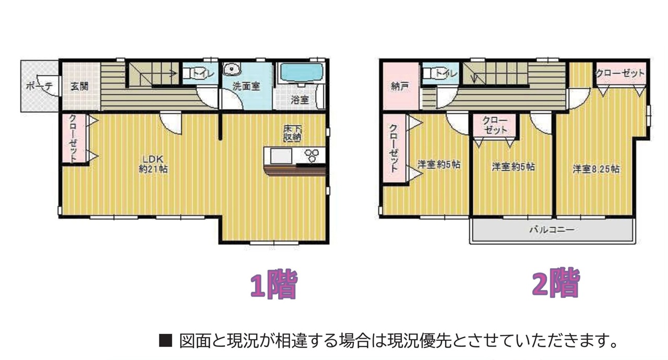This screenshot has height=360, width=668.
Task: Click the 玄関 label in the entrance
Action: [x=79, y=87]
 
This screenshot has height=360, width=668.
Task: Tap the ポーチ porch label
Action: [x=39, y=87]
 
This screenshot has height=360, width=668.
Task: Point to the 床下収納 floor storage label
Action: [x=292, y=133]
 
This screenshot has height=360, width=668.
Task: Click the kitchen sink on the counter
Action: [x=281, y=156]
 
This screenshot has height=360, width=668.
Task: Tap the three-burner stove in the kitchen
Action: [x=312, y=155]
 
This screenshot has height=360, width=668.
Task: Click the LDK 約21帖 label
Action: [x=153, y=164]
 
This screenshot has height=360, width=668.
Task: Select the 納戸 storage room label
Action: [x=400, y=87]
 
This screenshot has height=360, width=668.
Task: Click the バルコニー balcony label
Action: [x=552, y=230]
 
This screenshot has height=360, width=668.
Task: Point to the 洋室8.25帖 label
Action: [x=596, y=169]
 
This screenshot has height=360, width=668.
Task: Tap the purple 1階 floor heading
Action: [x=273, y=284]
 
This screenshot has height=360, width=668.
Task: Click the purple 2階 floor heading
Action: [x=556, y=282]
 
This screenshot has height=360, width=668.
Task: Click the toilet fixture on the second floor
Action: [x=430, y=73]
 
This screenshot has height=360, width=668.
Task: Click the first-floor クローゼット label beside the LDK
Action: [x=73, y=139]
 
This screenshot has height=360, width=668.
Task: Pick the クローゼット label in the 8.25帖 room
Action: [x=621, y=73]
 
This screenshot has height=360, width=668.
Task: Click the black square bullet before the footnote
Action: [x=165, y=341]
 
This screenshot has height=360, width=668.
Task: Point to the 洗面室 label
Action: [x=246, y=87]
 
